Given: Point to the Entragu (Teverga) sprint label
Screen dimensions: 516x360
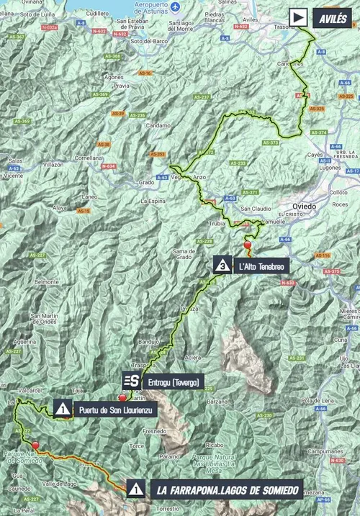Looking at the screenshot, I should pos(171,381).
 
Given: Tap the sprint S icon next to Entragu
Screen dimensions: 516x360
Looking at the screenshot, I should pos(131,381).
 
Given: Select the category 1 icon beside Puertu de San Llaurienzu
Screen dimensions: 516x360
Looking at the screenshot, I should pos(63,409).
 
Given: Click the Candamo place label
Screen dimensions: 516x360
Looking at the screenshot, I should pos(158,125).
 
